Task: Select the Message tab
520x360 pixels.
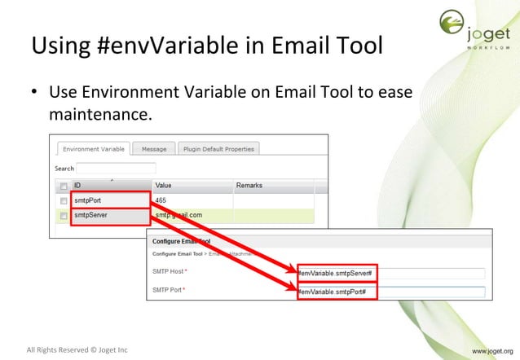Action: click(x=153, y=149)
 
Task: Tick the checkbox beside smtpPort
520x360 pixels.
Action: click(x=63, y=200)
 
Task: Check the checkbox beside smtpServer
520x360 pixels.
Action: click(x=63, y=215)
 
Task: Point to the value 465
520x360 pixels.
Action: click(x=161, y=200)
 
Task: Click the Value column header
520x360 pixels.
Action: click(x=165, y=186)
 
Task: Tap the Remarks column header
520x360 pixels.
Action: click(x=249, y=186)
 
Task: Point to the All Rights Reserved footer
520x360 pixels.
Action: click(x=77, y=350)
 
